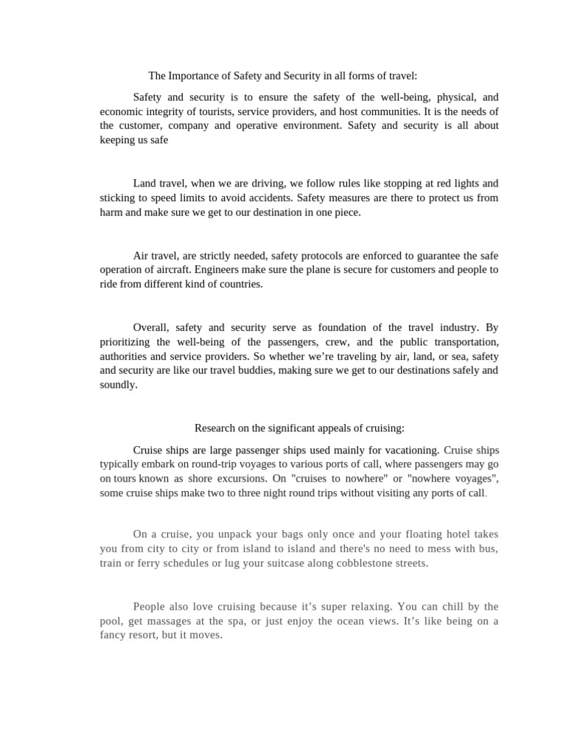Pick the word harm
tap(112, 212)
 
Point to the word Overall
tap(151, 327)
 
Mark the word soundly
tap(118, 384)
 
